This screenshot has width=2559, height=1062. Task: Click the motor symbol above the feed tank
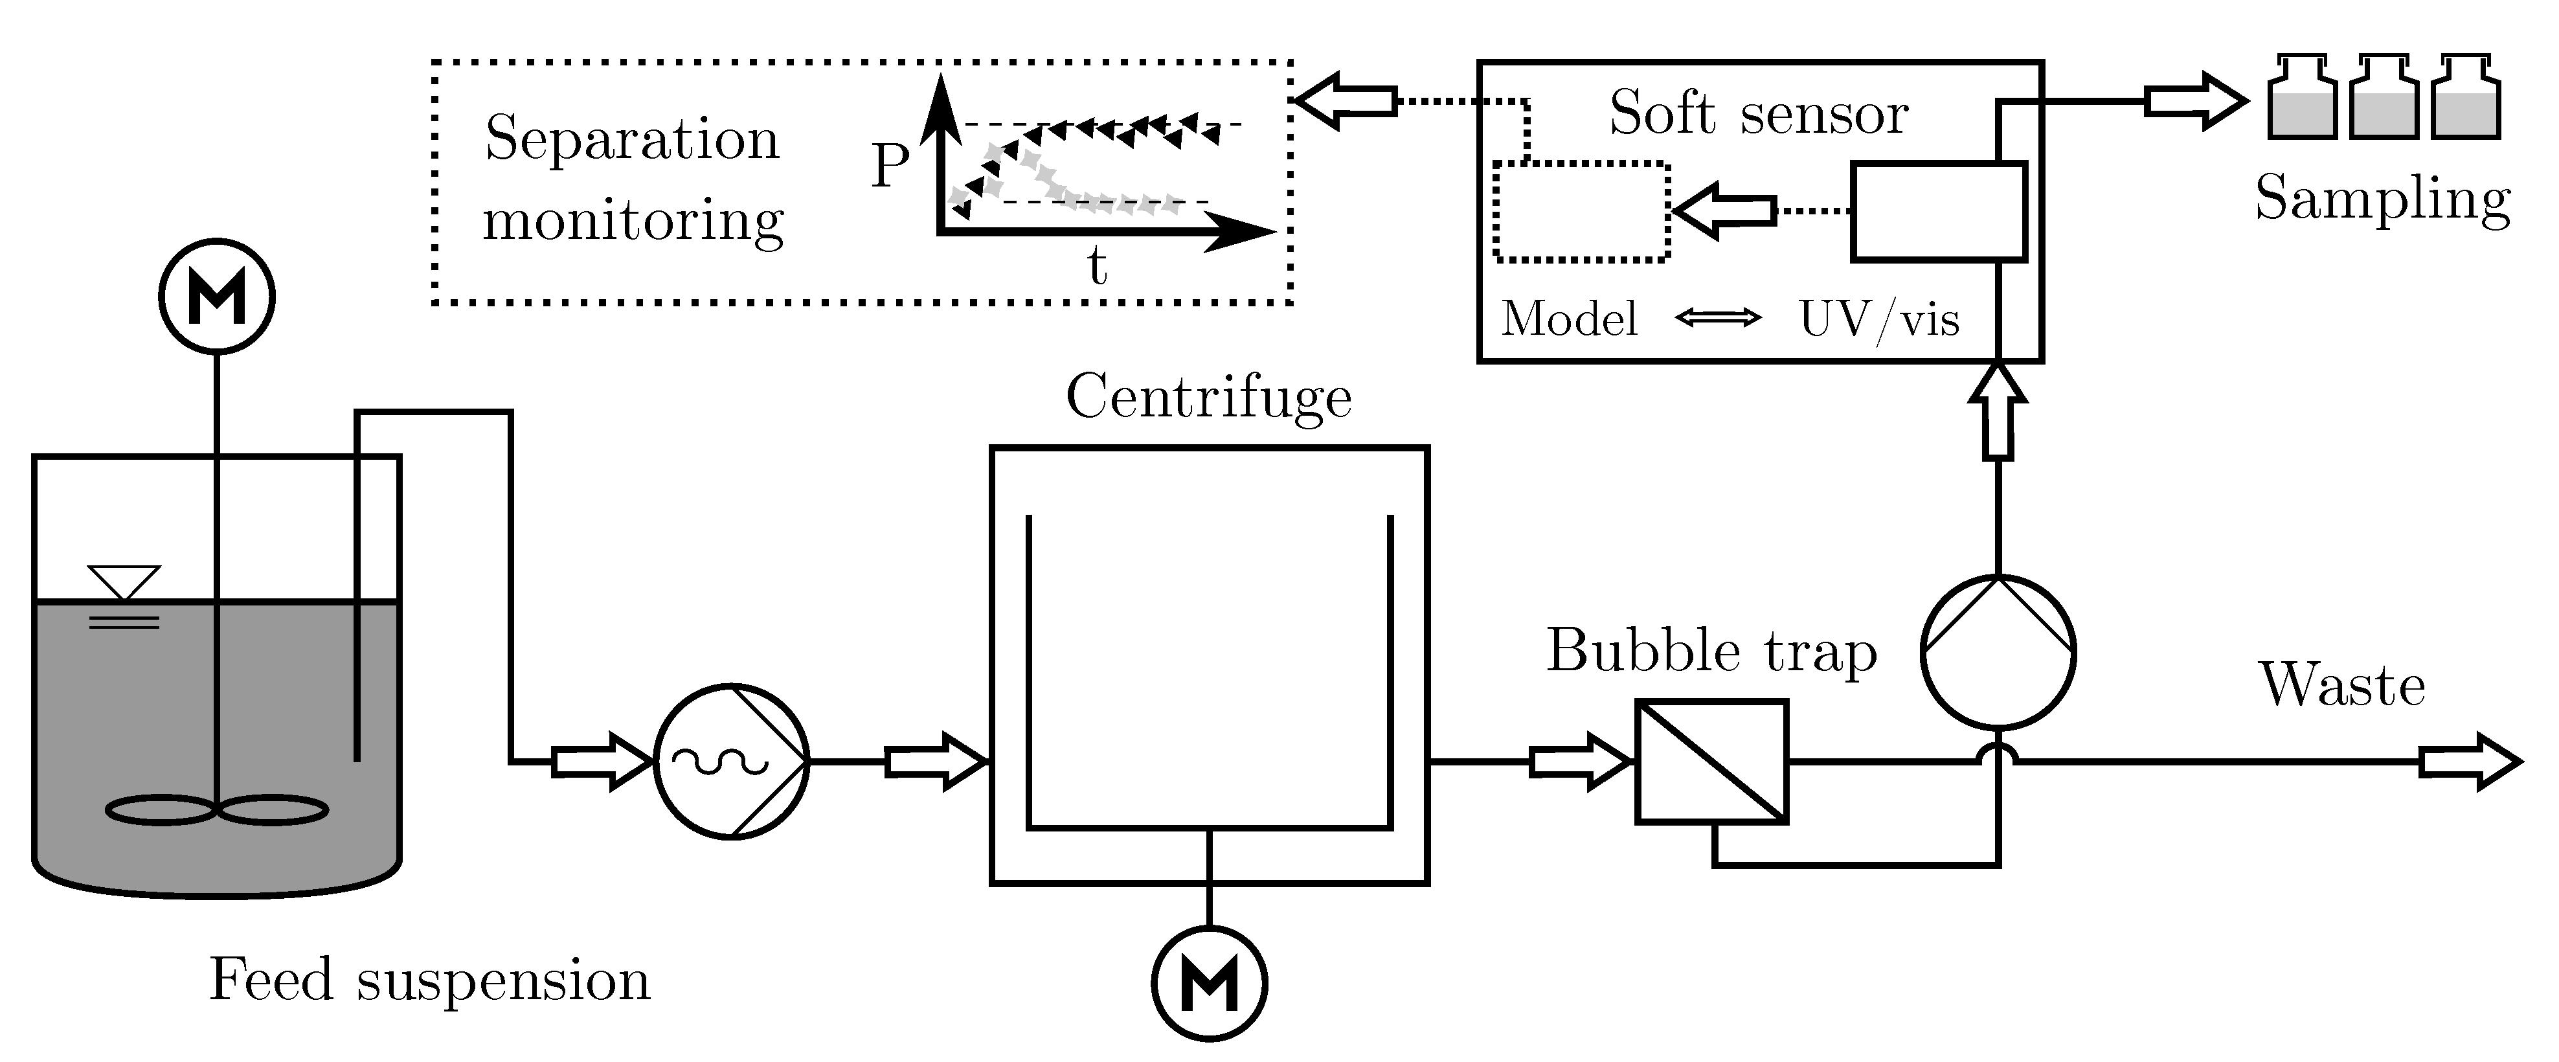pyautogui.click(x=216, y=296)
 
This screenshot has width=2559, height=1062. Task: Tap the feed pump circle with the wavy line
pyautogui.click(x=731, y=761)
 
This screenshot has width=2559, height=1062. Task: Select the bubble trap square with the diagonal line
pyautogui.click(x=1711, y=761)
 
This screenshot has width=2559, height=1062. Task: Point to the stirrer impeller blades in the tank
pyautogui.click(x=216, y=809)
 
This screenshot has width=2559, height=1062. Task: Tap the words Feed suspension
pyautogui.click(x=429, y=980)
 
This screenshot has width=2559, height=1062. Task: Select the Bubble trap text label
pyautogui.click(x=1711, y=651)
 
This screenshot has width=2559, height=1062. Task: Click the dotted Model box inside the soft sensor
pyautogui.click(x=1581, y=212)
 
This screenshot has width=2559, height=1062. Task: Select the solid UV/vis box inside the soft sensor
pyautogui.click(x=1937, y=212)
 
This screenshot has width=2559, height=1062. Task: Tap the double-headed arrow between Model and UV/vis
pyautogui.click(x=1718, y=318)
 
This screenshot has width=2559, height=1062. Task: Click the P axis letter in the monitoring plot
pyautogui.click(x=890, y=166)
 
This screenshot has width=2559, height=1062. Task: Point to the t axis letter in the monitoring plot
pyautogui.click(x=1097, y=266)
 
